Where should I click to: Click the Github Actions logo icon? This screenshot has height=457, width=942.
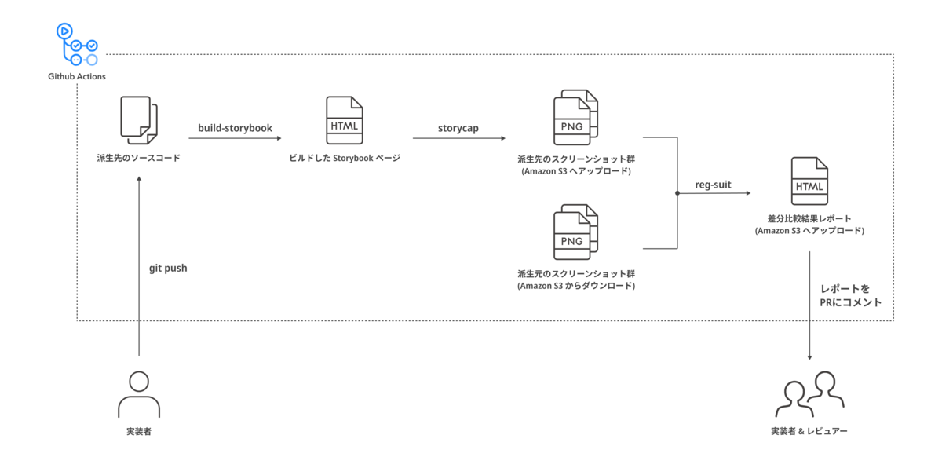point(76,44)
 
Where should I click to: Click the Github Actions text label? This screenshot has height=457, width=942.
point(77,76)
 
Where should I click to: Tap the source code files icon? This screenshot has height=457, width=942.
point(138,120)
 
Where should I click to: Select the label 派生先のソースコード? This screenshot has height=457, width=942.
point(139,158)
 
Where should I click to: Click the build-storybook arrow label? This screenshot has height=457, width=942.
point(235,127)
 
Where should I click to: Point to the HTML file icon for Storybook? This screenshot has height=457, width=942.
point(344,120)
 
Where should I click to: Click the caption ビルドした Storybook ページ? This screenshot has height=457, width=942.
point(344,158)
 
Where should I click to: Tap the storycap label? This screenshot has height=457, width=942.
point(458,127)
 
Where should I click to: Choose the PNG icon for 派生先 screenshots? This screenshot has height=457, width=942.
point(575,119)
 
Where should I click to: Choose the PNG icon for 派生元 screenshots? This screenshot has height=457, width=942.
point(575,233)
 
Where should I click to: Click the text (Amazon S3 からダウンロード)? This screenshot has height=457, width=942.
point(576,286)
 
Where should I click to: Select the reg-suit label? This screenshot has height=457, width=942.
point(713,185)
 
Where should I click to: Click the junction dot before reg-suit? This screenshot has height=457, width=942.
point(677,192)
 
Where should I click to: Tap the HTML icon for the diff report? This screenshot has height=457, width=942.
point(809,181)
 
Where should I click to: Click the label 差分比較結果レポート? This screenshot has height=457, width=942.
point(809,218)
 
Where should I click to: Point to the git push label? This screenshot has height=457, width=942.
point(168,268)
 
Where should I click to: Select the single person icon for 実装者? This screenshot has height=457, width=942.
point(138,394)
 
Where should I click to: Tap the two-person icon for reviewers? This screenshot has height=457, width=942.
point(809,394)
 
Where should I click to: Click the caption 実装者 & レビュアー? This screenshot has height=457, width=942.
point(809,431)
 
